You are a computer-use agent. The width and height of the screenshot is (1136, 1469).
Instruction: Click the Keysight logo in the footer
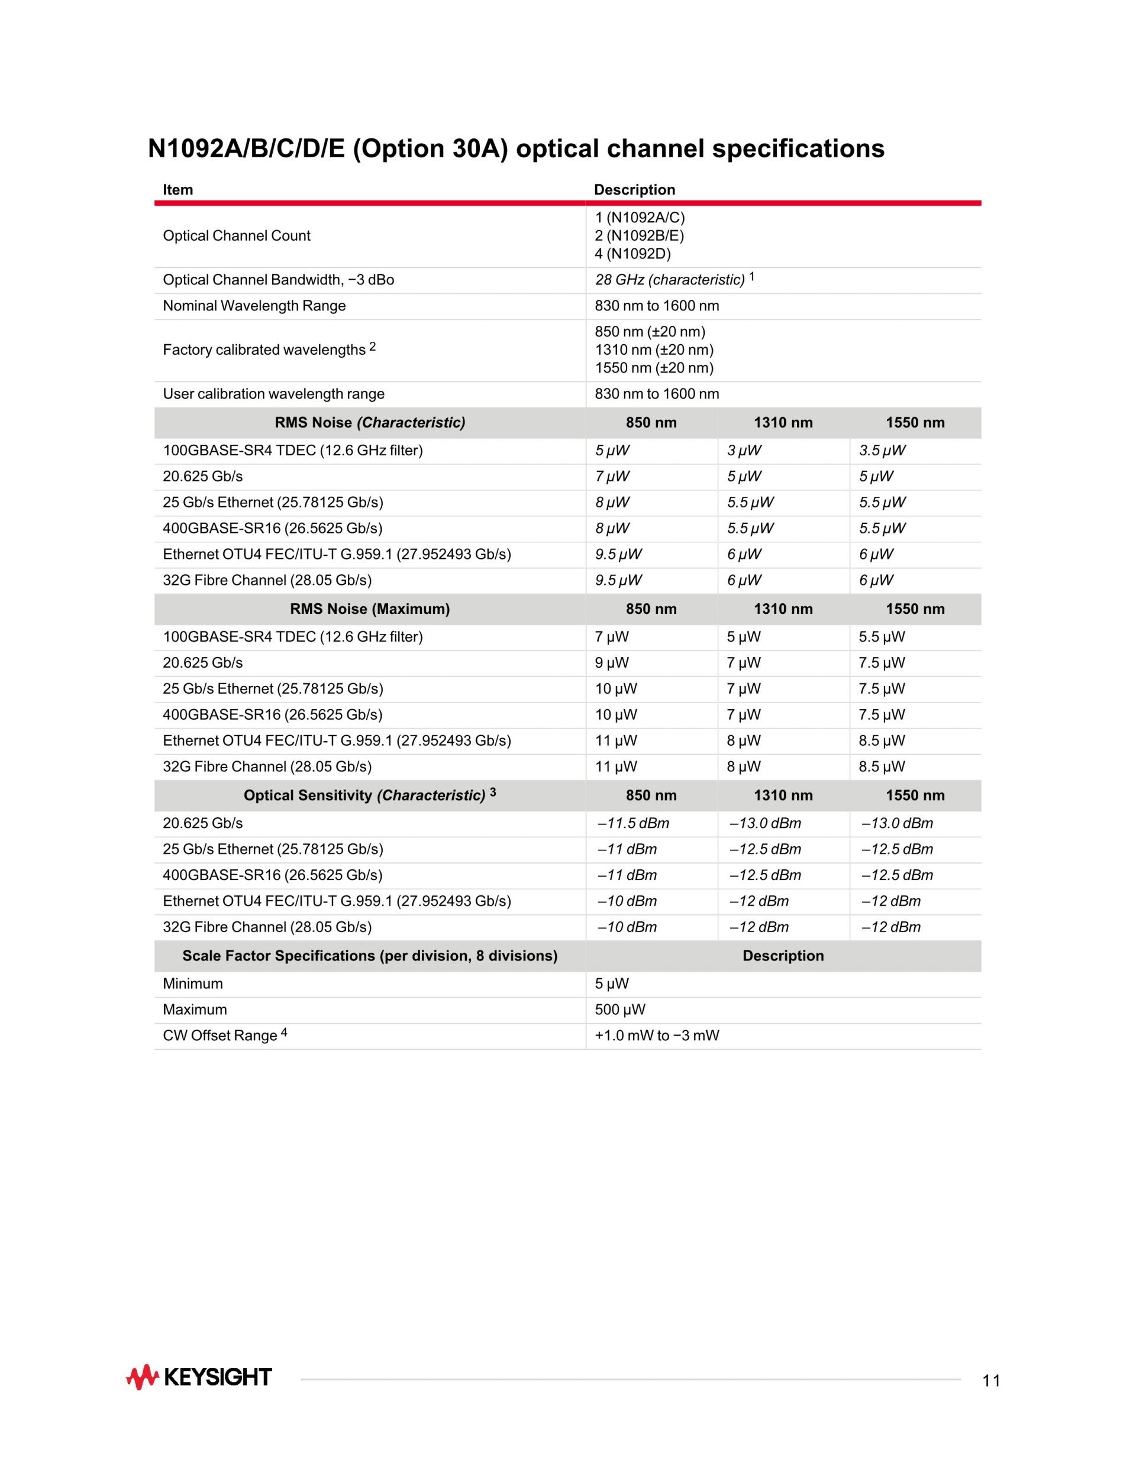pyautogui.click(x=199, y=1377)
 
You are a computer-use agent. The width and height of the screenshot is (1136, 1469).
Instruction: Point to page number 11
pyautogui.click(x=990, y=1381)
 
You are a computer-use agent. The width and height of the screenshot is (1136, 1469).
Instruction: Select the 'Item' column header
pyautogui.click(x=177, y=190)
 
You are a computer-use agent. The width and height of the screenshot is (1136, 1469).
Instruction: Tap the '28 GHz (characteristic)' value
pyautogui.click(x=670, y=280)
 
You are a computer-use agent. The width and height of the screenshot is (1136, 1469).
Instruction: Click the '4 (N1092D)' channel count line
pyautogui.click(x=632, y=254)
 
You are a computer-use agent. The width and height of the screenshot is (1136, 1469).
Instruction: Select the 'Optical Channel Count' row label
pyautogui.click(x=236, y=235)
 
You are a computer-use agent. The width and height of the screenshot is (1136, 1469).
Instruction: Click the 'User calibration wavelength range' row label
pyautogui.click(x=273, y=394)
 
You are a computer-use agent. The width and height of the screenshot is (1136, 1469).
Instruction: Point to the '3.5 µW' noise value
pyautogui.click(x=882, y=451)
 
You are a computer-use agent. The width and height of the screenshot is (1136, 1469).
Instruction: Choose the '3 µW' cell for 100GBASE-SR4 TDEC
pyautogui.click(x=744, y=451)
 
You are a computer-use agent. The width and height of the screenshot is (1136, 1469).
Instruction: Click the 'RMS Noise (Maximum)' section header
pyautogui.click(x=369, y=609)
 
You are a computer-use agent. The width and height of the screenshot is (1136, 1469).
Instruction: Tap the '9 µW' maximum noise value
pyautogui.click(x=611, y=662)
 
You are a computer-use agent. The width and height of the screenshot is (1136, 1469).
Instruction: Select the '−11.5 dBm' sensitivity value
pyautogui.click(x=632, y=823)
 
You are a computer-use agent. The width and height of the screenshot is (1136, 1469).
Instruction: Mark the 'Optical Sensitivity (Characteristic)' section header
pyautogui.click(x=369, y=795)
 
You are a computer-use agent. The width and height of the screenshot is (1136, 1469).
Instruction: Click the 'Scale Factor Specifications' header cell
pyautogui.click(x=369, y=956)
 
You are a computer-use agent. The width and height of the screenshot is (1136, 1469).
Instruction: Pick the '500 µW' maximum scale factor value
pyautogui.click(x=620, y=1009)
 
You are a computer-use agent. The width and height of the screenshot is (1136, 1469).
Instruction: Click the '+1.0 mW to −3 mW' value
pyautogui.click(x=657, y=1036)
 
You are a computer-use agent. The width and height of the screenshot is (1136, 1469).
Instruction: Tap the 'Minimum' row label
pyautogui.click(x=192, y=983)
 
